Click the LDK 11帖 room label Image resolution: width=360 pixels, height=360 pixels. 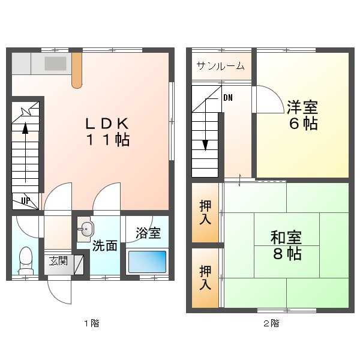pos(107,131)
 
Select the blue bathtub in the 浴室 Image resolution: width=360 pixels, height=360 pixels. pos(147,262)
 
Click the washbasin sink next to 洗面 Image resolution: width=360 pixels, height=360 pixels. pos(86,228)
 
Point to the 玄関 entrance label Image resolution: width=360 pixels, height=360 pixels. pos(58,260)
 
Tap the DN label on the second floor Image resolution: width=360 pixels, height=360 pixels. pos(228,98)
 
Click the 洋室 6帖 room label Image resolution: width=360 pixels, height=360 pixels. pos(302,116)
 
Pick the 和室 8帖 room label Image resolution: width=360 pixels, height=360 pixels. pos(286,244)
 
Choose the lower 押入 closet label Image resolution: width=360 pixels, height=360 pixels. pos(205,278)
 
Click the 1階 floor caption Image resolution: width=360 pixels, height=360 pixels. pos(91,324)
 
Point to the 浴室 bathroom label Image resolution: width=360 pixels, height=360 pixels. pos(147,233)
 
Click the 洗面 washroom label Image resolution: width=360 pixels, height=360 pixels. pos(104,245)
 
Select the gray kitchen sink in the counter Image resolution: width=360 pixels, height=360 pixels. pos(56,63)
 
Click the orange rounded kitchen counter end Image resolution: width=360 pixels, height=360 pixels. pos(77,71)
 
